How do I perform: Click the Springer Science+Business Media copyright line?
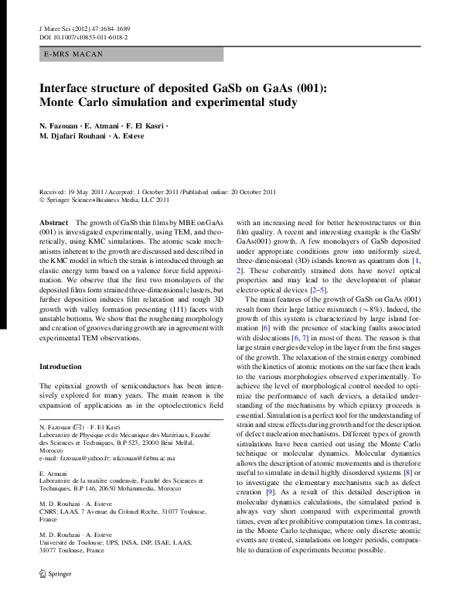tap(107, 199)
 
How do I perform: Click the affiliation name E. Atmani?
tap(53, 473)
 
